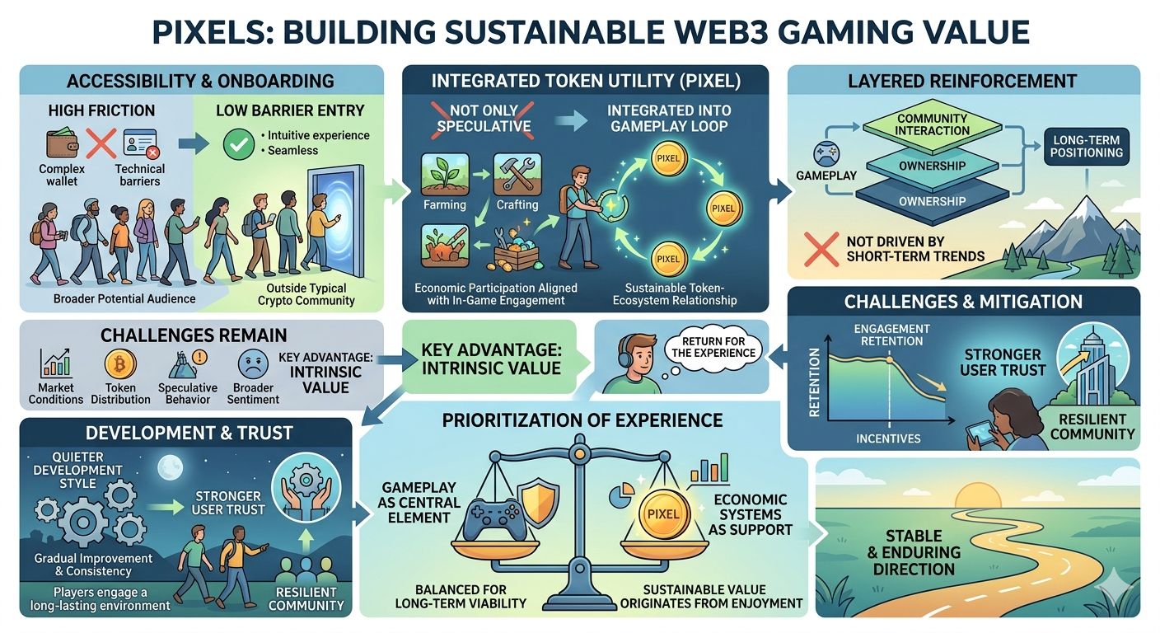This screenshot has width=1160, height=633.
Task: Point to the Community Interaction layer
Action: coord(933,124)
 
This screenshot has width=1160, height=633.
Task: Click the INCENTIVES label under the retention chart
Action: coord(888,438)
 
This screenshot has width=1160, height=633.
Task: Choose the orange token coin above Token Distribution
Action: coord(120,363)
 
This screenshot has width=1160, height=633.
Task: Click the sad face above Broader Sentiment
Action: coord(253,364)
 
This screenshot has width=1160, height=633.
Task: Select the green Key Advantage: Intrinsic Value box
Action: coord(492,360)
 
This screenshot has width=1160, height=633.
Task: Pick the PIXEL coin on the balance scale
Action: coord(663,513)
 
